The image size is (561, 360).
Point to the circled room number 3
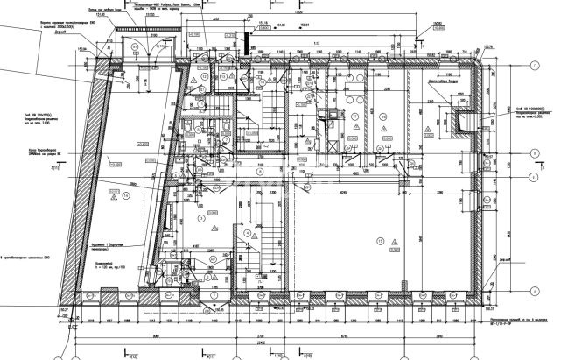tap(201, 215)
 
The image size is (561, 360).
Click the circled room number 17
tap(354, 115)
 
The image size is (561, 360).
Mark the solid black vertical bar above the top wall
tap(251, 29)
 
